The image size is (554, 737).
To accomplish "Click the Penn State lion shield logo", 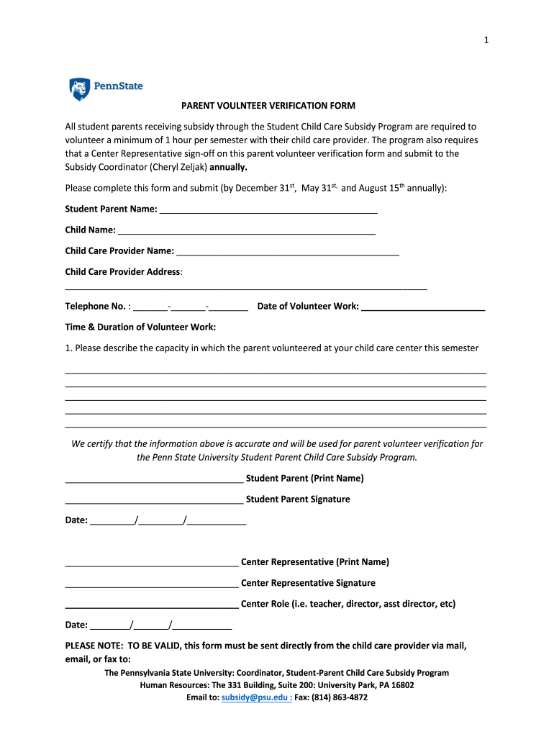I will pos(79,89).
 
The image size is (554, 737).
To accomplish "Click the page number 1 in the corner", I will pos(486,40).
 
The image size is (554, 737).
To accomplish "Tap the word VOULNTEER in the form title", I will pos(242,105).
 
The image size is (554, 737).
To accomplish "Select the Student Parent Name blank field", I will pos(268,210).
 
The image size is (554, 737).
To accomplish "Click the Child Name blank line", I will pos(246,230).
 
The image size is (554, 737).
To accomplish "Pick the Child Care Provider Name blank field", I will pos(287,251).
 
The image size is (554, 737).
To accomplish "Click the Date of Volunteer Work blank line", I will pos(423,307).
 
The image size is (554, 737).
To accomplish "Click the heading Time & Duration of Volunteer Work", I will pos(140,327).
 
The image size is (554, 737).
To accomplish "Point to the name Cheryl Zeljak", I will pos(179,167).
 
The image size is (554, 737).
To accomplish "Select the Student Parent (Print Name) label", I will pos(304,479).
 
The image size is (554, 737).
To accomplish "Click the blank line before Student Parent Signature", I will pos(154,500).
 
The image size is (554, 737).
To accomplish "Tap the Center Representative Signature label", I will pos(308,583).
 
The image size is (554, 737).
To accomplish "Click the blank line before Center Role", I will pos(152,605).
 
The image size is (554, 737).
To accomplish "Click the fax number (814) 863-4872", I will pos(342,697).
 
